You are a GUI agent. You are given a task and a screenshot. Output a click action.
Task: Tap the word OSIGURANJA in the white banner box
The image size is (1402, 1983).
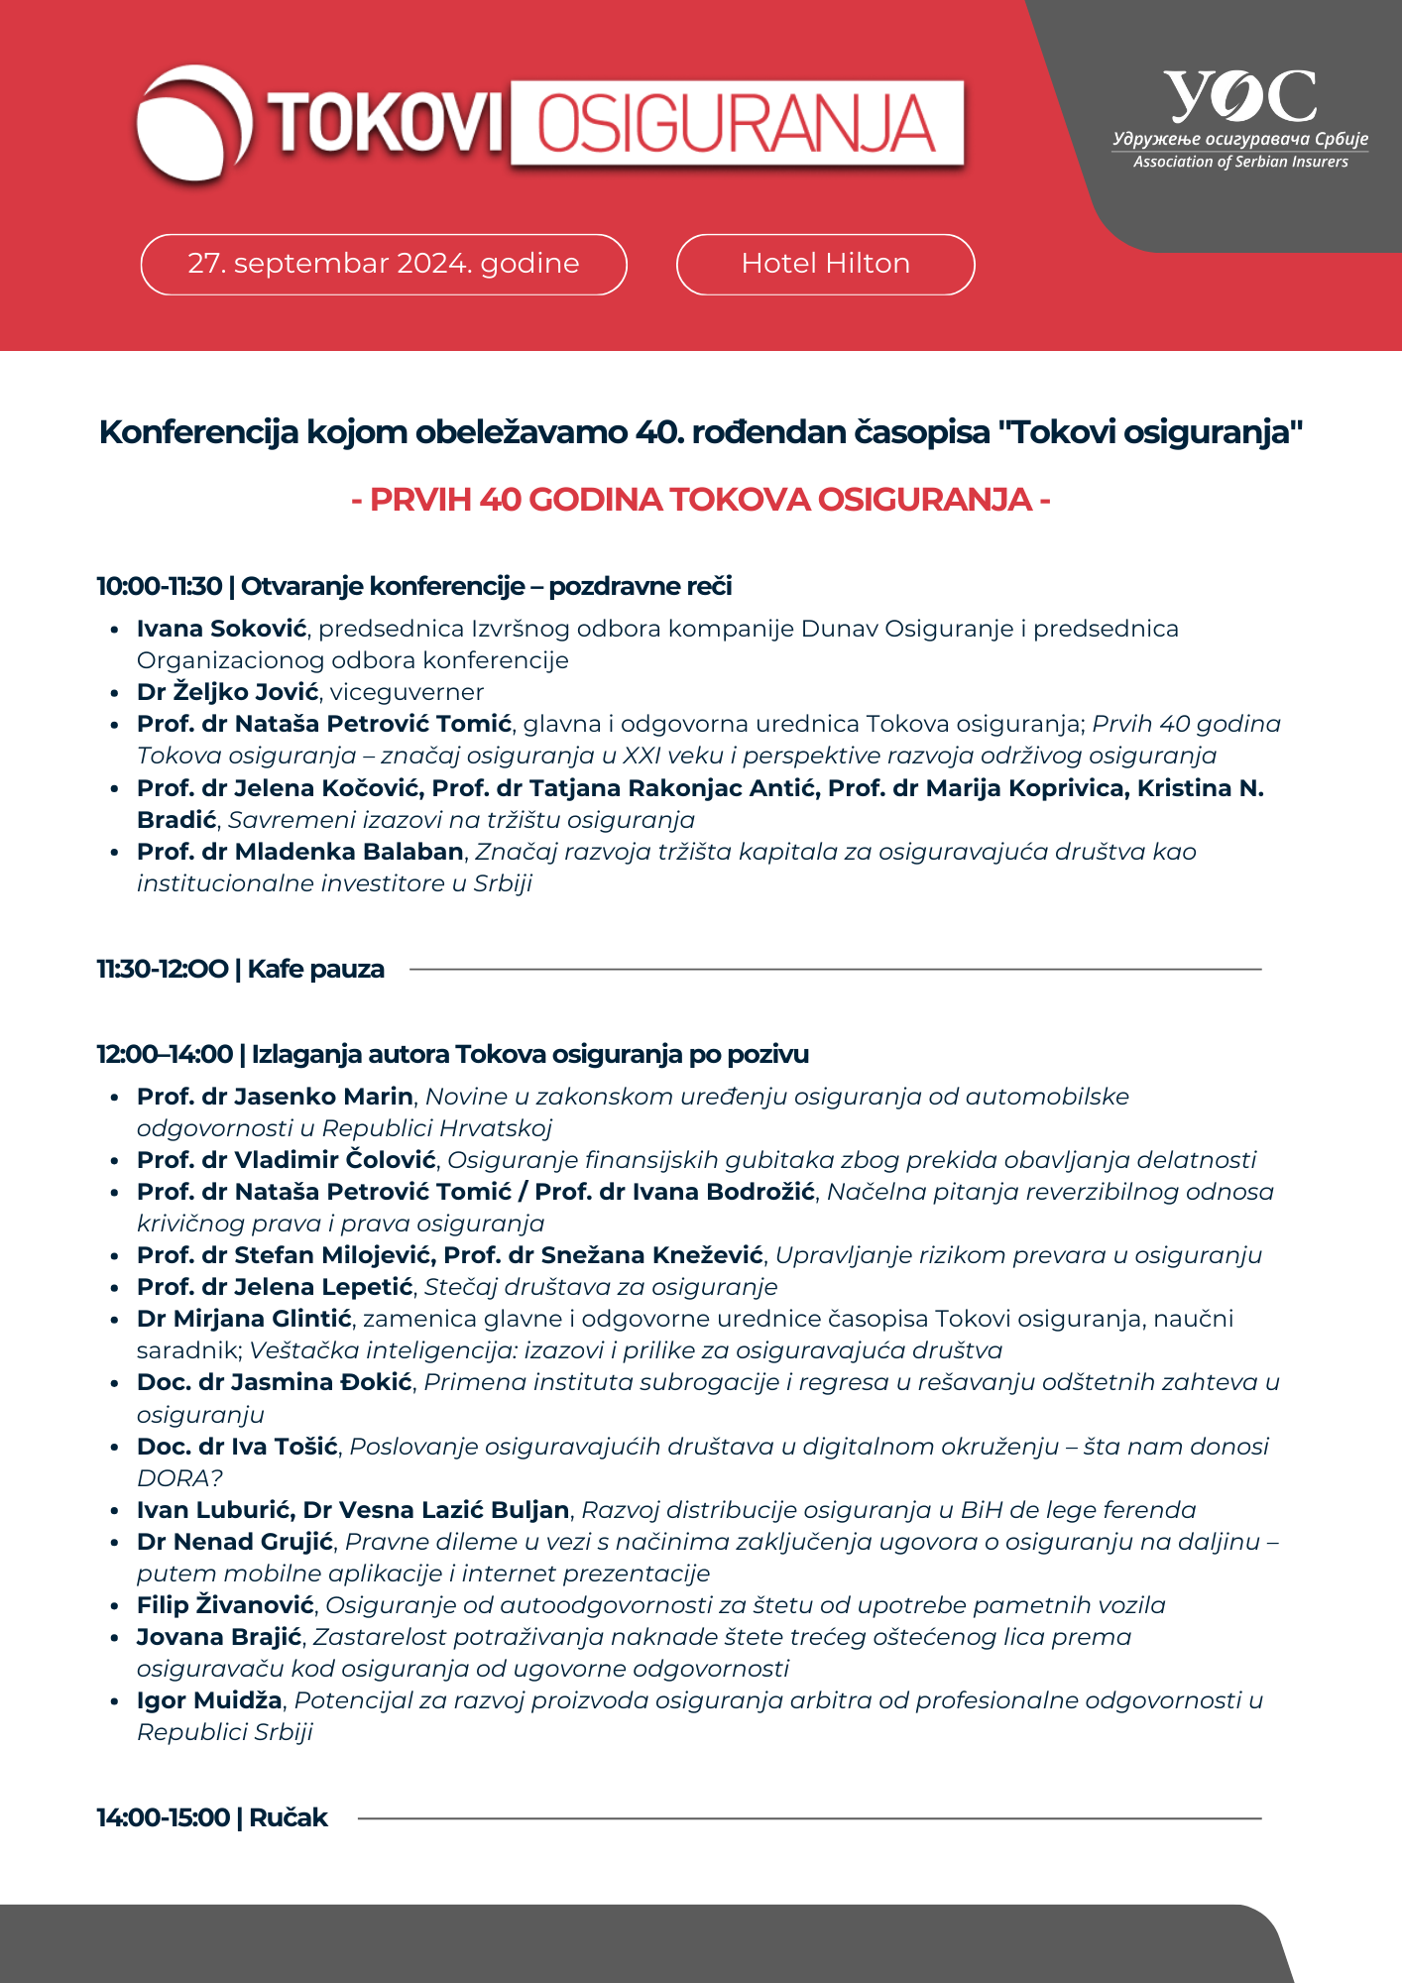736,124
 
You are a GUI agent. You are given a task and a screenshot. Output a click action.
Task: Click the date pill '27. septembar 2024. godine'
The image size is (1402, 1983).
384,264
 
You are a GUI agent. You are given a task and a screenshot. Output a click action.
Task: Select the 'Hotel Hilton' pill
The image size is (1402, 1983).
825,264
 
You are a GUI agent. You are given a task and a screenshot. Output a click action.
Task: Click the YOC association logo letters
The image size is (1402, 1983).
1240,96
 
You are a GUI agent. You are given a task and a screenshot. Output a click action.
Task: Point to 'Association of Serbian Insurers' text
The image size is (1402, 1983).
1240,162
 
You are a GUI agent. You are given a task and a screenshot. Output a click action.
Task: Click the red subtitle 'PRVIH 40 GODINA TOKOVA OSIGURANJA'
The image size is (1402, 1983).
701,499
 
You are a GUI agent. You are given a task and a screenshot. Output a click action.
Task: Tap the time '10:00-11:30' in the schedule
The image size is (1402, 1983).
159,586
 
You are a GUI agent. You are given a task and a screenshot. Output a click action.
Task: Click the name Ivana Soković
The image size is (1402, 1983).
222,629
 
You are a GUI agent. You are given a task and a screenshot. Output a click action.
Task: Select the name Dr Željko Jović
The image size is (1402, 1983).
228,692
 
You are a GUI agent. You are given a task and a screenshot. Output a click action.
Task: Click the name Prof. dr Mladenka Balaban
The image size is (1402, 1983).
300,852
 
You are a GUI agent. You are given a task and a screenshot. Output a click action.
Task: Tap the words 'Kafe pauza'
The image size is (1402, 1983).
316,969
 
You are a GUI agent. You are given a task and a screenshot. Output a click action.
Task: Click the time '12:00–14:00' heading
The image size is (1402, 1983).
165,1054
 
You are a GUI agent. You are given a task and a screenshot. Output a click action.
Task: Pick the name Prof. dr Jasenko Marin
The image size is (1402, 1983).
275,1097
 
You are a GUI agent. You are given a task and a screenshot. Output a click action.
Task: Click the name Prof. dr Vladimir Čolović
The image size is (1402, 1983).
287,1160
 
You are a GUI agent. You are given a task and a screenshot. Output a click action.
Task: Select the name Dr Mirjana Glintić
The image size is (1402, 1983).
244,1319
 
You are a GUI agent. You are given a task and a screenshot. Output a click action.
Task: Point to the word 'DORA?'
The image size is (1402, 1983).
179,1478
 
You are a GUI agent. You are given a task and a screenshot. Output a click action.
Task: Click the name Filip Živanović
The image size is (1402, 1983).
225,1605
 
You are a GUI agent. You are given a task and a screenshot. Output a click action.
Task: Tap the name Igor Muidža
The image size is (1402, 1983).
209,1700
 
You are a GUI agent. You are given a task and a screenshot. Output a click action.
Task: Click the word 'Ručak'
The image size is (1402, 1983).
289,1817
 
